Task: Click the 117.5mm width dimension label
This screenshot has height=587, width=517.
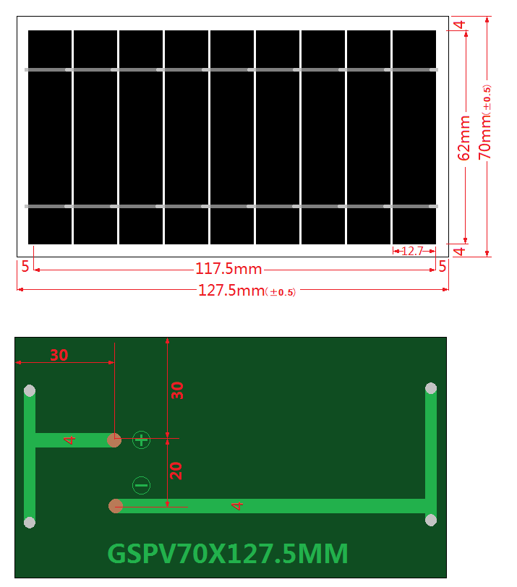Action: coord(228,269)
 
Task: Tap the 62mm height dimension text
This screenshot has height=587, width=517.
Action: coord(464,137)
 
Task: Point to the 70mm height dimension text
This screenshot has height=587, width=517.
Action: coord(485,137)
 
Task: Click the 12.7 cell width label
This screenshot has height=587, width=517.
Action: coord(412,252)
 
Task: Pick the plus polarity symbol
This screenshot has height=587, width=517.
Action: coord(141,439)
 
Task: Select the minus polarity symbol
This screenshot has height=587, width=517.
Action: coord(141,485)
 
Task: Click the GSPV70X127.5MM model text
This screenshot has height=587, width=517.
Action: coord(228,554)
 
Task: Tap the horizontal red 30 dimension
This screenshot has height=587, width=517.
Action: coord(59,355)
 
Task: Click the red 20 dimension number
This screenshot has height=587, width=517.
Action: coord(176,471)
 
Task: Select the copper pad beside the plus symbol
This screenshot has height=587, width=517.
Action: coord(114,440)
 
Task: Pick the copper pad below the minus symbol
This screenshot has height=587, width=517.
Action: coord(115,506)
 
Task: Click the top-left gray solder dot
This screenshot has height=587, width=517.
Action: coord(30,391)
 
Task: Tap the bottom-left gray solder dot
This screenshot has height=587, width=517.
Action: coord(30,522)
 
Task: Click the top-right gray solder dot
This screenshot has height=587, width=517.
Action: coord(431,388)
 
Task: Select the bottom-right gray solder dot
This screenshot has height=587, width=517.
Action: coord(431,520)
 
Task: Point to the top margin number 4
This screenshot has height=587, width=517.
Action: coord(458,24)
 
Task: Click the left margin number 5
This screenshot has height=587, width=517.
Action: coord(25,266)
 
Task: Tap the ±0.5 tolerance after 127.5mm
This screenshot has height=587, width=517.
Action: coord(281,293)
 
